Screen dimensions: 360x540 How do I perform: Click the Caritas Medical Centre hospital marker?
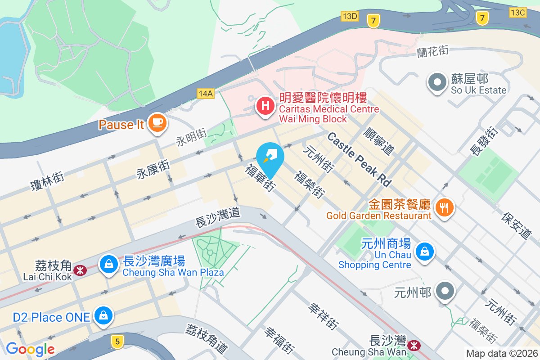pos(265,107)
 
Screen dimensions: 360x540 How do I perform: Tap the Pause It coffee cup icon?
pos(157,122)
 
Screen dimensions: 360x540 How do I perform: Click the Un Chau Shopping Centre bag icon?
pos(424,252)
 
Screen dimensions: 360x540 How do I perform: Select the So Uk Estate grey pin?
pos(436,83)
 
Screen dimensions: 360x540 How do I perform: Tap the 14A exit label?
pos(205,93)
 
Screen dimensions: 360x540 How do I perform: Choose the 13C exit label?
pos(517,12)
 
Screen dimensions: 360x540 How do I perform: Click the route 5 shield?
pos(117,342)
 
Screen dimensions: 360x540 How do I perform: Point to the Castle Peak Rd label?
pos(359,159)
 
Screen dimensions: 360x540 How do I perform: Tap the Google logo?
pos(30,349)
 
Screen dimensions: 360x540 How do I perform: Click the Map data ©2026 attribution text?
pos(502,353)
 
